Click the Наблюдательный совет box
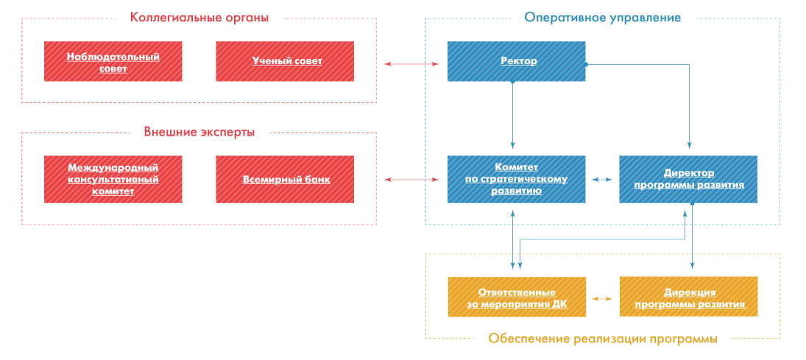113,61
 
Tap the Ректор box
517,61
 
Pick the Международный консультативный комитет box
113,179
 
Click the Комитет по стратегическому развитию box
517,179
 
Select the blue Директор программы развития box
688,179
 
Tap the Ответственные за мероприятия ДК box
517,297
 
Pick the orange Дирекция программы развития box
689,297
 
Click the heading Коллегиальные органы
199,18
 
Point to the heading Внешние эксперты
199,133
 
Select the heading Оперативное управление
602,18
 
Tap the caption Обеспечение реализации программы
602,339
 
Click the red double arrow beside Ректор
411,64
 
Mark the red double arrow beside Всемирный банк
411,180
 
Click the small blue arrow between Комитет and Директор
602,180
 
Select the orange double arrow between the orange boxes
602,298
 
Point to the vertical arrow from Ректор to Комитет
512,114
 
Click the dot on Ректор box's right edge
586,64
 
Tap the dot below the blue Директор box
692,204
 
